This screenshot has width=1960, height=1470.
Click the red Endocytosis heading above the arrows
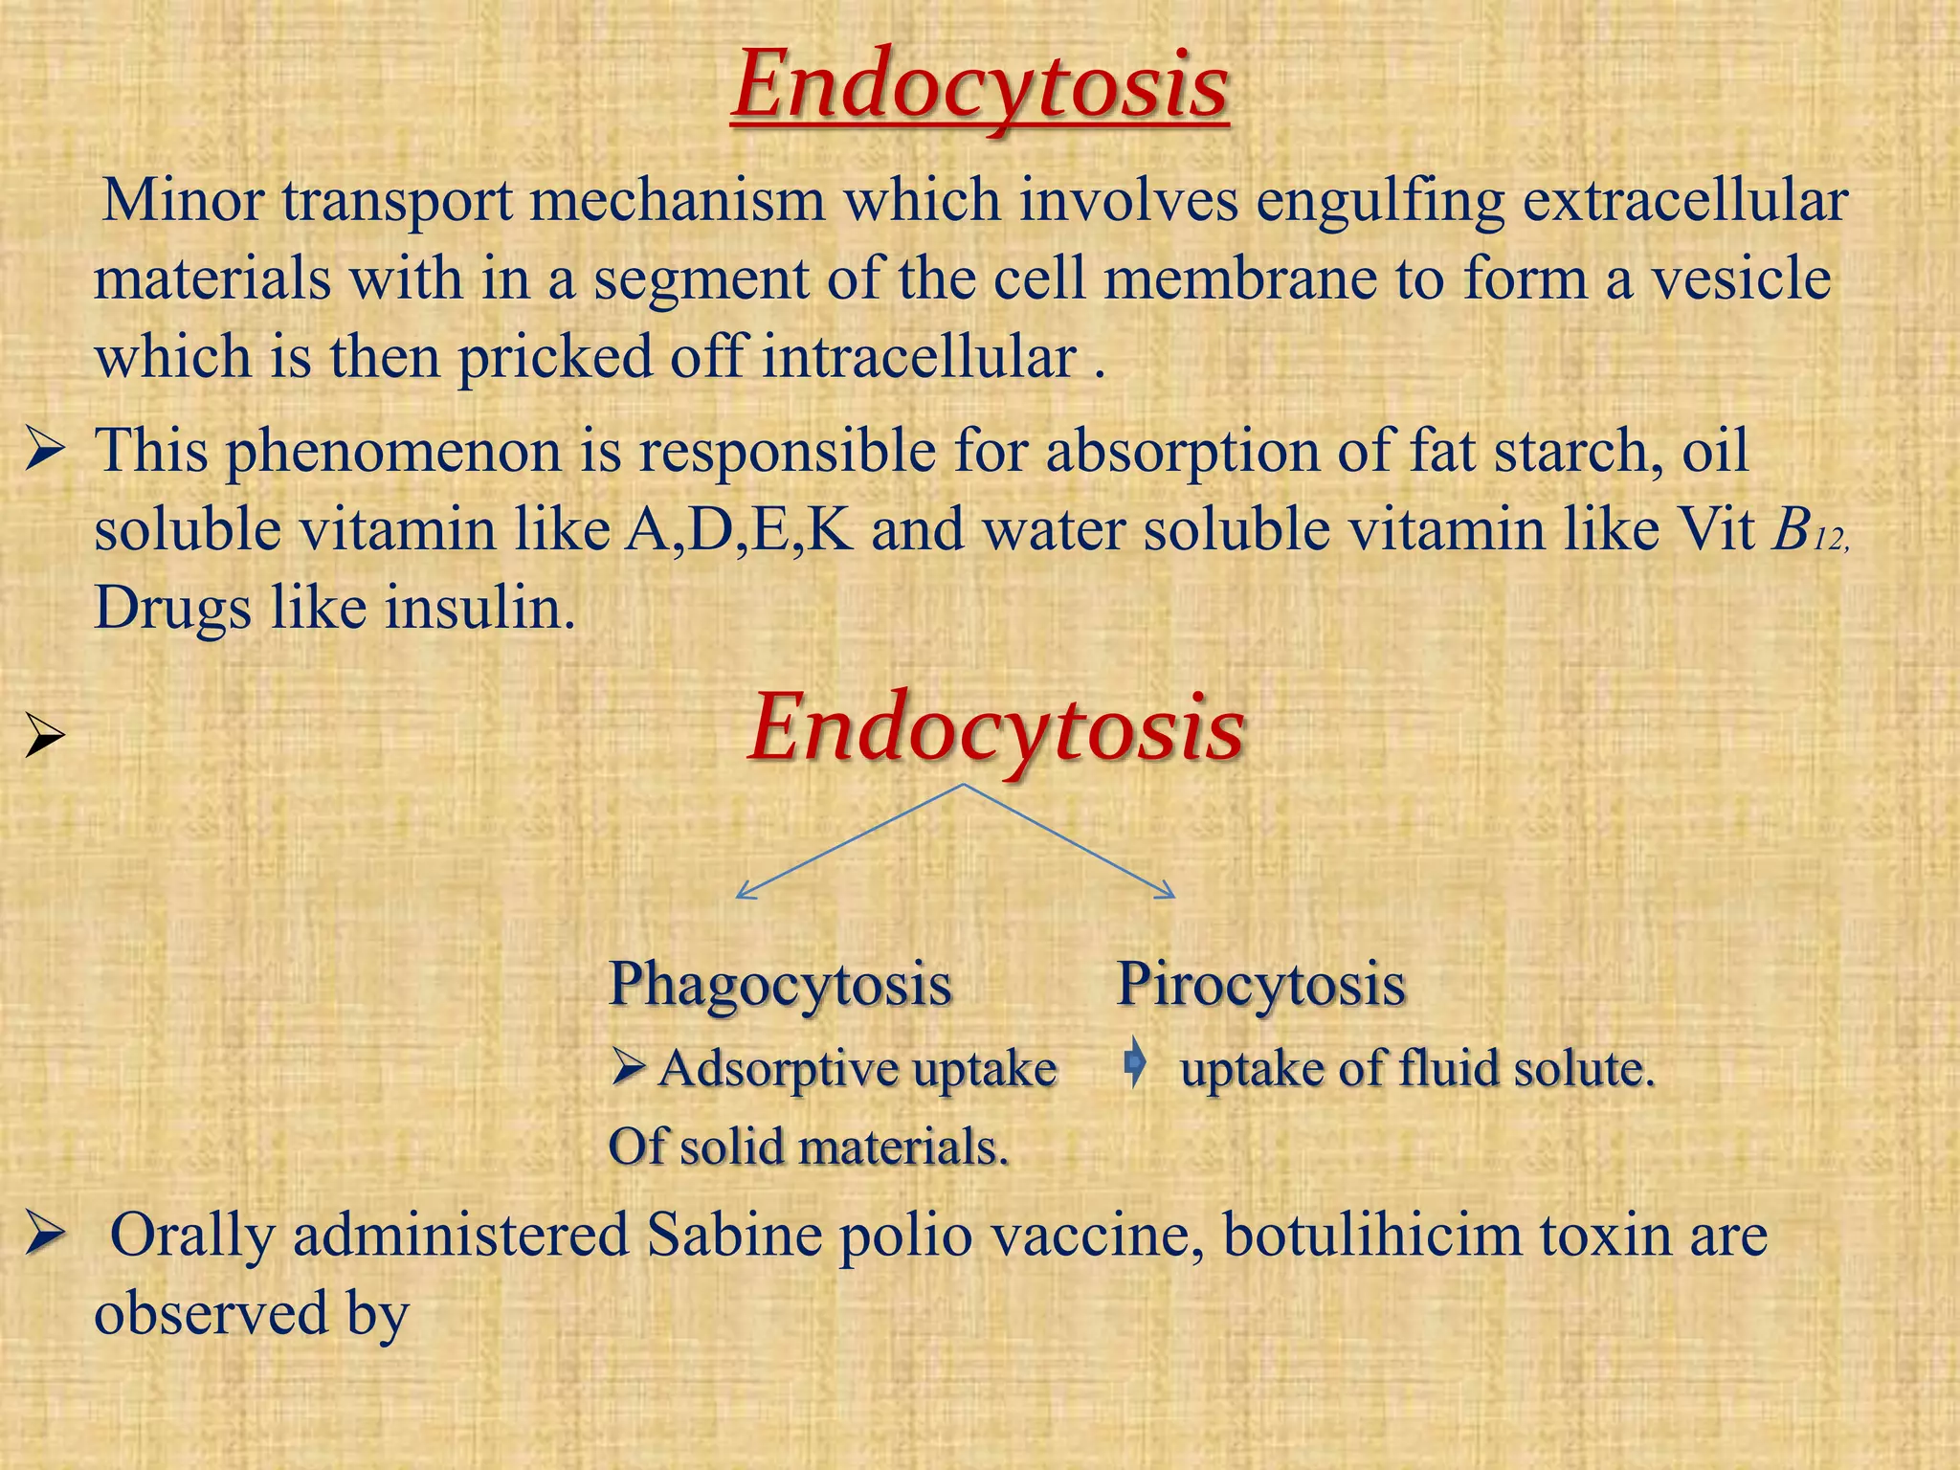tap(996, 729)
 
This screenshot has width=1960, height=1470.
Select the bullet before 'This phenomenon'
tap(45, 451)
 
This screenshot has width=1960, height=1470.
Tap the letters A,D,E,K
tap(738, 528)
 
